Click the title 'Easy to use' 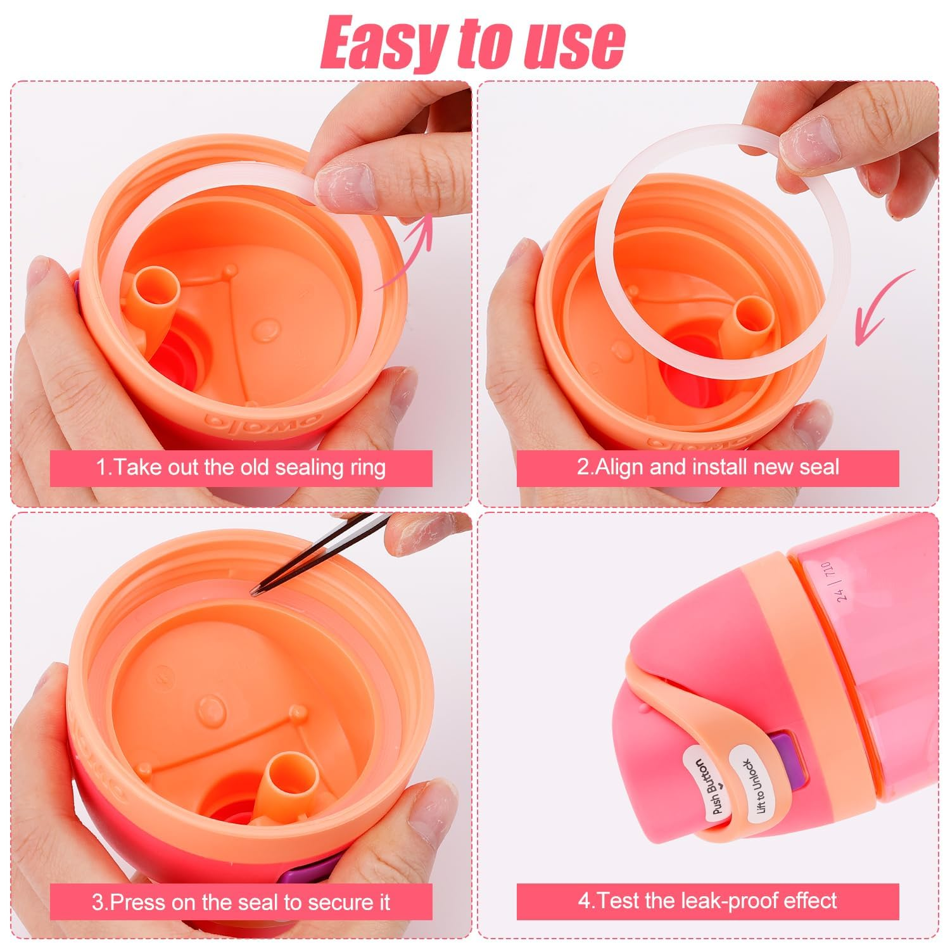pyautogui.click(x=474, y=43)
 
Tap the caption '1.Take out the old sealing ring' pyautogui.click(x=241, y=468)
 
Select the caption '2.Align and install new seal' pyautogui.click(x=707, y=468)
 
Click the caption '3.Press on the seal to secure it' pyautogui.click(x=241, y=902)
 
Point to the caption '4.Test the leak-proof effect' pyautogui.click(x=707, y=901)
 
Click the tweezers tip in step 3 pyautogui.click(x=256, y=593)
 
